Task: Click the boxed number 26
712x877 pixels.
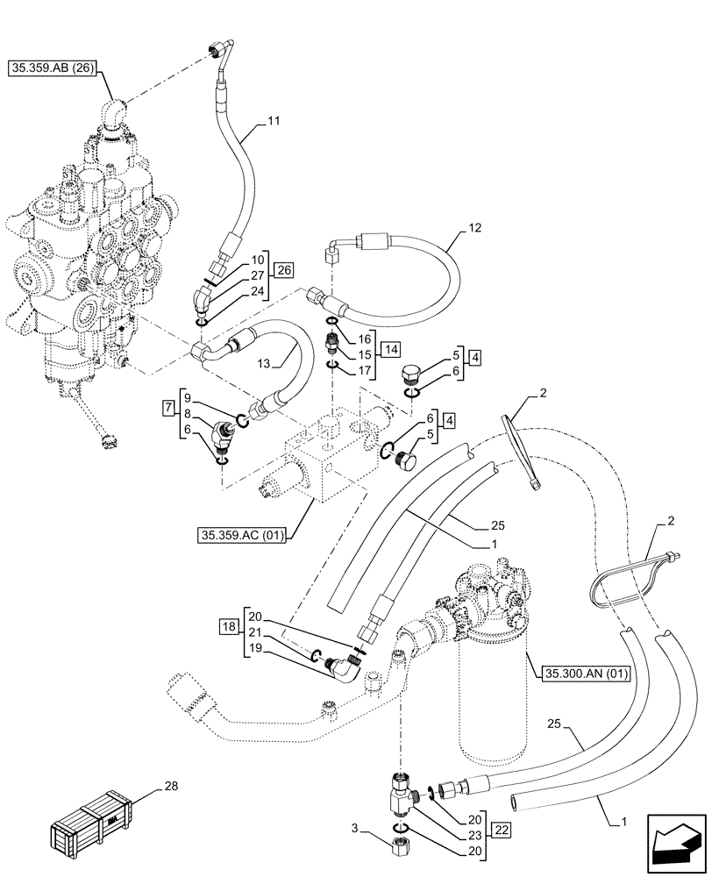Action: (x=283, y=269)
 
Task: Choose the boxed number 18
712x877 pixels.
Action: (x=230, y=626)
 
